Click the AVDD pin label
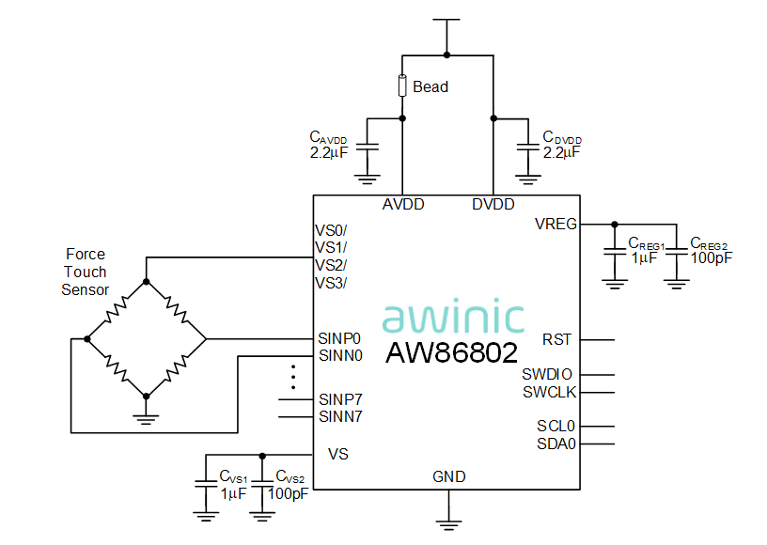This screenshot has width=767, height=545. pyautogui.click(x=403, y=205)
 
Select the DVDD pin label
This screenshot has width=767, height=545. pyautogui.click(x=493, y=205)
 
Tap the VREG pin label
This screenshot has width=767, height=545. pyautogui.click(x=556, y=224)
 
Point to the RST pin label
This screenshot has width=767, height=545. pyautogui.click(x=557, y=339)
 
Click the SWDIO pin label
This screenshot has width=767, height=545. pyautogui.click(x=548, y=374)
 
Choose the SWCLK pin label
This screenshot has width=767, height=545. pyautogui.click(x=550, y=392)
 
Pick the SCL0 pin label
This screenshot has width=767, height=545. pyautogui.click(x=556, y=426)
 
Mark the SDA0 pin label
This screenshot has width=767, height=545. pyautogui.click(x=556, y=444)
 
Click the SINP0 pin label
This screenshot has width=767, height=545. pyautogui.click(x=340, y=338)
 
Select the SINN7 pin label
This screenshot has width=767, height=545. pyautogui.click(x=340, y=415)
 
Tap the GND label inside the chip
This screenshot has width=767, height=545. pyautogui.click(x=449, y=476)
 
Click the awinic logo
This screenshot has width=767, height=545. pyautogui.click(x=453, y=318)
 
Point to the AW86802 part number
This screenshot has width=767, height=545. pyautogui.click(x=452, y=353)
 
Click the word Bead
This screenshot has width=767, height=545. pyautogui.click(x=430, y=86)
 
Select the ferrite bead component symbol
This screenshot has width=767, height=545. pyautogui.click(x=403, y=86)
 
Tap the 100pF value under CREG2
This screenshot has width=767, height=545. pyautogui.click(x=711, y=257)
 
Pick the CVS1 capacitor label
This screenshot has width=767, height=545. pyautogui.click(x=233, y=476)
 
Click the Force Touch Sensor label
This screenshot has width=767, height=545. pyautogui.click(x=86, y=272)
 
